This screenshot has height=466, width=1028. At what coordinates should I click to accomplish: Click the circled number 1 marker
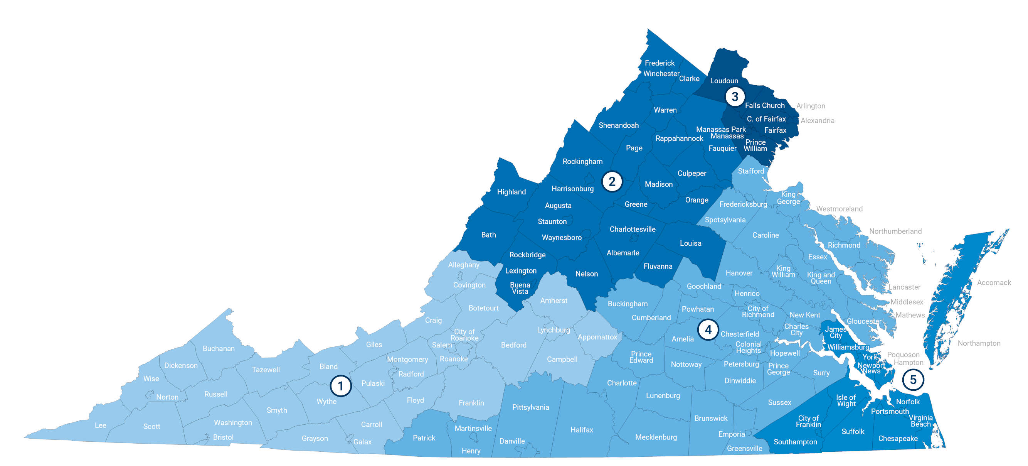click(x=340, y=386)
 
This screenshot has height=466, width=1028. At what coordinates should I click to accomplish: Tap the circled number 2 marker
click(x=612, y=181)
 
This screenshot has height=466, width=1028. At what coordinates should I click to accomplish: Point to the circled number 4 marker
click(x=708, y=329)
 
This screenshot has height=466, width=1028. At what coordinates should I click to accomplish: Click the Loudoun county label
click(x=724, y=81)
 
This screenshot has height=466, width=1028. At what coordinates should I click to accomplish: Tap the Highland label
click(x=511, y=192)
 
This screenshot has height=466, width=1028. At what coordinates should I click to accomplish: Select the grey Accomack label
click(x=994, y=282)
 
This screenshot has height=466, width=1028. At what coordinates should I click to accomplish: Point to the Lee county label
click(x=101, y=425)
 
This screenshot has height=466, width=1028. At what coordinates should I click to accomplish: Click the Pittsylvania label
click(x=530, y=407)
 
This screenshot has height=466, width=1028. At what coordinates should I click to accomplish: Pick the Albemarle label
click(x=623, y=253)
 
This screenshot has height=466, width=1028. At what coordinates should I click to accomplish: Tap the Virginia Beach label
click(x=920, y=420)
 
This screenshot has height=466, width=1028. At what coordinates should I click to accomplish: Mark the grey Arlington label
click(x=811, y=106)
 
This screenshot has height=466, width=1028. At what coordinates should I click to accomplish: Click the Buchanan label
click(x=218, y=348)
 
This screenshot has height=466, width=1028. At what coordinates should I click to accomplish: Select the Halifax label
click(x=581, y=430)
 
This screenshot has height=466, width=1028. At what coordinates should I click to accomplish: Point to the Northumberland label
click(x=895, y=231)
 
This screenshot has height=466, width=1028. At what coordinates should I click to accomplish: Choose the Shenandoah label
click(x=619, y=125)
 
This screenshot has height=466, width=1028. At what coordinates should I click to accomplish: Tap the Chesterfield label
click(x=739, y=334)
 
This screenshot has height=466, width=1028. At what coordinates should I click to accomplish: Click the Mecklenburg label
click(x=656, y=437)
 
